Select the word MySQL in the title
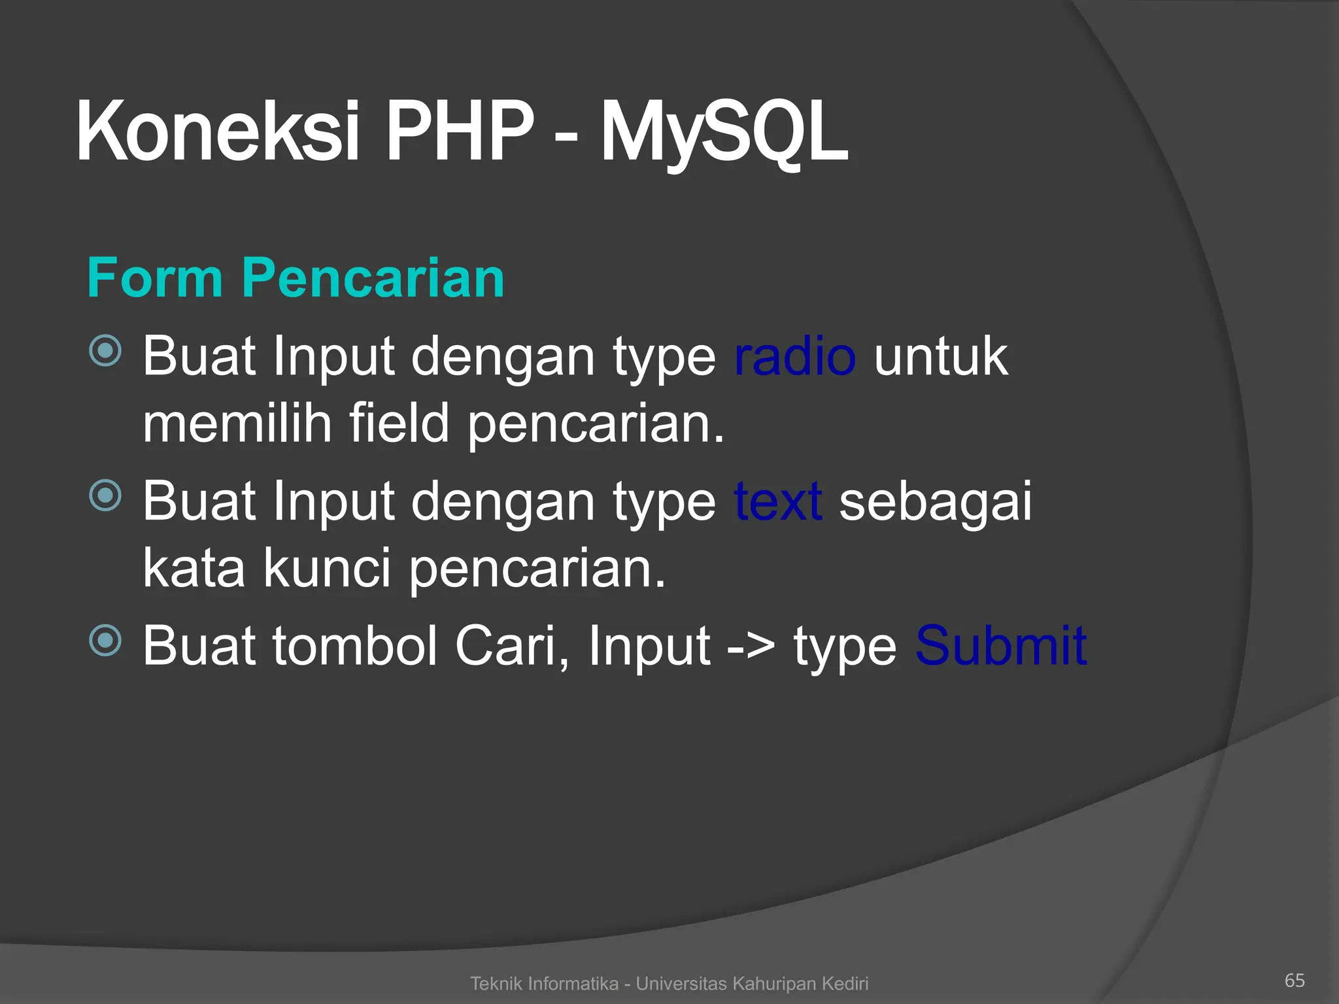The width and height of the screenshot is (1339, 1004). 724,134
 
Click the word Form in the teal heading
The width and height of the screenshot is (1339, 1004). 155,278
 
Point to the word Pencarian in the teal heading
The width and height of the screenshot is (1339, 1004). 373,278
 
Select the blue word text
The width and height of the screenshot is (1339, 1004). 778,501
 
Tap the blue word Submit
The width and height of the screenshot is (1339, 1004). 1000,646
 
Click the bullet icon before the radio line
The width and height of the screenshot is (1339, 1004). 105,351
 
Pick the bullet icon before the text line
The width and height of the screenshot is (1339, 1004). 105,495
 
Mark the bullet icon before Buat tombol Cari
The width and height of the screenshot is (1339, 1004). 105,640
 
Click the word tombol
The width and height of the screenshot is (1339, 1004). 354,646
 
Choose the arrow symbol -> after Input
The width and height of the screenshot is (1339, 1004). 751,647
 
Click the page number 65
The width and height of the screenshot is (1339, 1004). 1295,980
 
